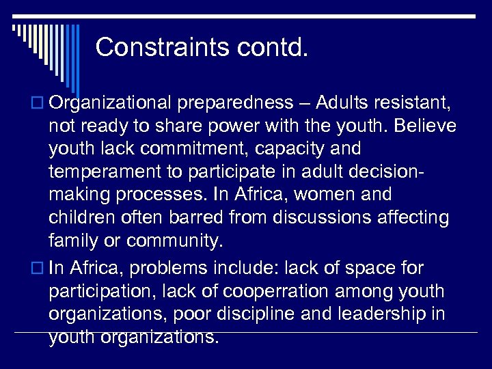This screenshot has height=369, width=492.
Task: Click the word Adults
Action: coord(347,102)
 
